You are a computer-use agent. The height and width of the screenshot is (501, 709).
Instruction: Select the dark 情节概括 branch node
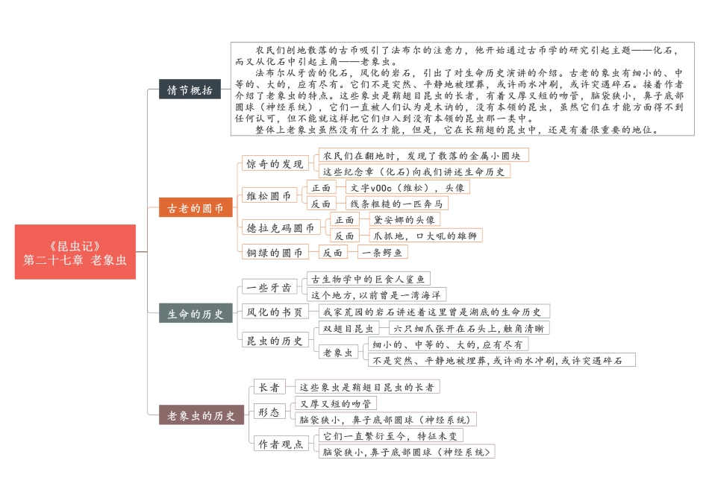190,90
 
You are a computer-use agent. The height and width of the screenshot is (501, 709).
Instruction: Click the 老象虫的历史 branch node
201,415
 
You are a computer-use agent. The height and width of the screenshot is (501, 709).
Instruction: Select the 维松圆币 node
269,196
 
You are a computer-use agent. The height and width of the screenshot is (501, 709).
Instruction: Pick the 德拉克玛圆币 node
280,227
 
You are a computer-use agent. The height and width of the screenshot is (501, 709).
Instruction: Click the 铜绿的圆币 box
274,253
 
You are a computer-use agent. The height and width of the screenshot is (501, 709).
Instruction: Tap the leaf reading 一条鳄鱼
383,253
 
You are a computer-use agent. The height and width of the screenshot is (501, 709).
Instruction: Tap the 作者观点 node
280,444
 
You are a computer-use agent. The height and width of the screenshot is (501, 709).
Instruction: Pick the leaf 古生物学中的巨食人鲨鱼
370,280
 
